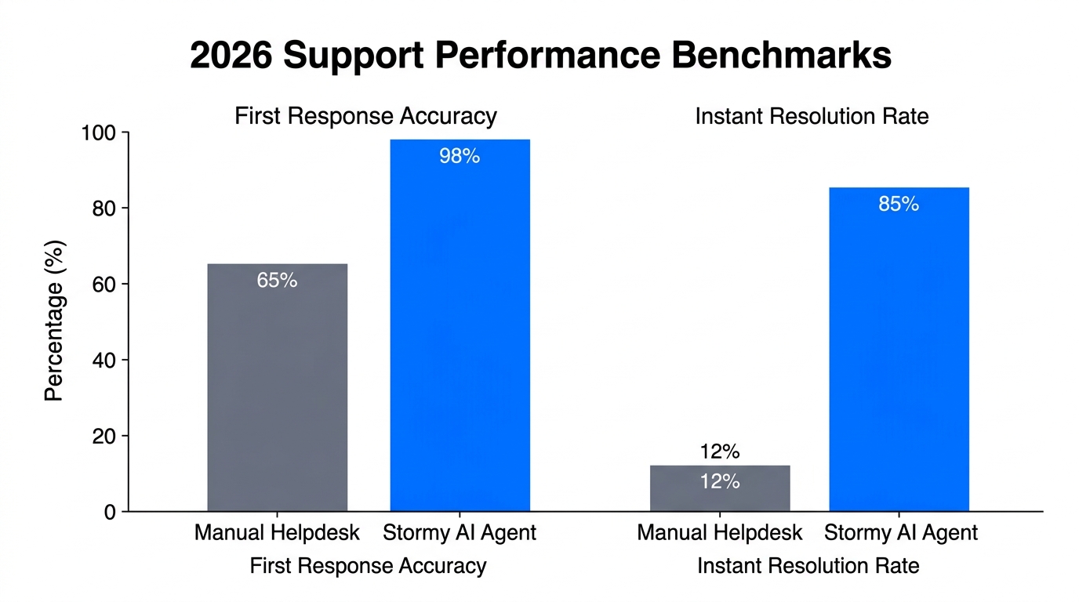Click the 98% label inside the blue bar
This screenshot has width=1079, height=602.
tap(460, 157)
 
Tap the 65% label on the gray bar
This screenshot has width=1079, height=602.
tap(277, 281)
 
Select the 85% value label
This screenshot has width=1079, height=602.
tap(899, 205)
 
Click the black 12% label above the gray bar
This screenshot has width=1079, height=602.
tap(720, 452)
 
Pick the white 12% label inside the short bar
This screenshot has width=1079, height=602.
tap(720, 482)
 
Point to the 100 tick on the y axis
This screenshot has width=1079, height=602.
tap(99, 133)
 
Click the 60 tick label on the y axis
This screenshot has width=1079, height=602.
tap(104, 285)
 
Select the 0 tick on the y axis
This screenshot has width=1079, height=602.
tap(110, 512)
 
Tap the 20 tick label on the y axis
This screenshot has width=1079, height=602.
tap(104, 436)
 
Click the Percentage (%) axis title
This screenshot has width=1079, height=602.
tap(54, 321)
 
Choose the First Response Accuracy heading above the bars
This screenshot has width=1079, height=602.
tap(365, 117)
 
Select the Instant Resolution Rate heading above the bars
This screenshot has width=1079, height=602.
tap(812, 117)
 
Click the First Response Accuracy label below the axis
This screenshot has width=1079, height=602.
tap(368, 566)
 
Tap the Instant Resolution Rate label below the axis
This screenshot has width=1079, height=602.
tap(808, 566)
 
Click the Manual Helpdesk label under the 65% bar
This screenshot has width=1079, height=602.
tap(277, 534)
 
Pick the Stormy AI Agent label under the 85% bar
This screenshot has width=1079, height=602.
tap(901, 534)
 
